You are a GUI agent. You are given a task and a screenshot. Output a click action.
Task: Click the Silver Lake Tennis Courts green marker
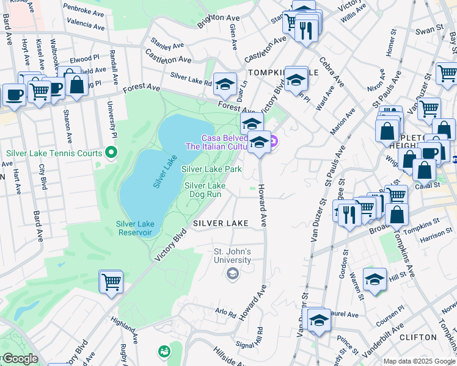click(111, 151)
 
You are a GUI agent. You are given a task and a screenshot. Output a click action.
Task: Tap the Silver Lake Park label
click(211, 169)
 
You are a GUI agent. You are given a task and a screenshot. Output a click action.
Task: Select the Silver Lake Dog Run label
click(205, 190)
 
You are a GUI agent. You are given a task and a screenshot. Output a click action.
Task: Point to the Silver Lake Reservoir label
click(135, 228)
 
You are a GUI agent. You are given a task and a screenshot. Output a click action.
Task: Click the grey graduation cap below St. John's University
click(232, 274)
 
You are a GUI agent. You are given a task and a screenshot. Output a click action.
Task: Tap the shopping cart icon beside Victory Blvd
click(111, 282)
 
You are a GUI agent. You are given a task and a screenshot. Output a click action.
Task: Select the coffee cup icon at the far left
click(15, 95)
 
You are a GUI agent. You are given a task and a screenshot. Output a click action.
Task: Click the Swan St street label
click(429, 29)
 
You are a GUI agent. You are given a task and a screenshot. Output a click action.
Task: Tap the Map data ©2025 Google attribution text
click(419, 361)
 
